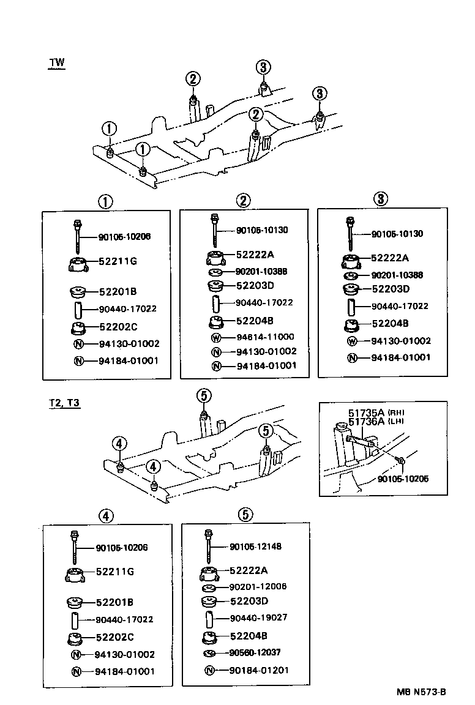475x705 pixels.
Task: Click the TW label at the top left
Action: pyautogui.click(x=56, y=63)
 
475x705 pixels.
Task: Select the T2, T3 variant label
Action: pyautogui.click(x=65, y=403)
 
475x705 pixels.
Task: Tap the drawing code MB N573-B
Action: pyautogui.click(x=421, y=692)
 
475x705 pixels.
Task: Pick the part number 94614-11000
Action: pyautogui.click(x=265, y=337)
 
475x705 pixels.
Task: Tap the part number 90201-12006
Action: pyautogui.click(x=258, y=586)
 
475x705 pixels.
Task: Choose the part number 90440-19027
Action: pyautogui.click(x=258, y=617)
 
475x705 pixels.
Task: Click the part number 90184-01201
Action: pyautogui.click(x=258, y=670)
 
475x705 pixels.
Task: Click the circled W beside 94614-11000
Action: pyautogui.click(x=216, y=337)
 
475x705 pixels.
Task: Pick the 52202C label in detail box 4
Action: pyautogui.click(x=114, y=637)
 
